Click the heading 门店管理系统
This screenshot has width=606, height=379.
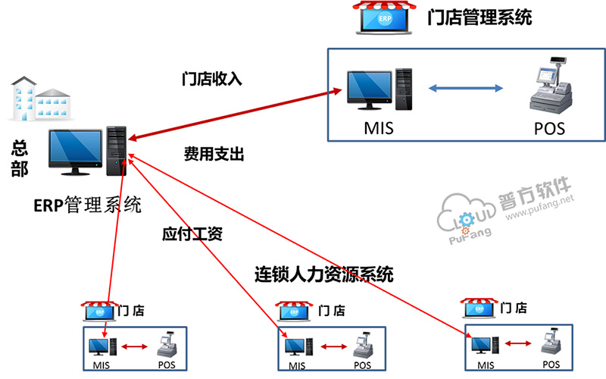479,17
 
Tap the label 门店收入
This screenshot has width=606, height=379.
212,78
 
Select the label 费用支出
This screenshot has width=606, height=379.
214,154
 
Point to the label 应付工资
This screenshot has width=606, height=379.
192,233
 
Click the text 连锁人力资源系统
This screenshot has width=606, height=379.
323,274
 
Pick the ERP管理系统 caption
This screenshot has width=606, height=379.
87,205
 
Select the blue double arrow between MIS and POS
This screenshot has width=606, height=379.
466,89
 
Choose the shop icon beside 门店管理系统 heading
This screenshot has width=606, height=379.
385,18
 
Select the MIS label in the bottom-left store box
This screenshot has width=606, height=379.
102,365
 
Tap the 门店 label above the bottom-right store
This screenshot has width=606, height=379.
514,307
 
